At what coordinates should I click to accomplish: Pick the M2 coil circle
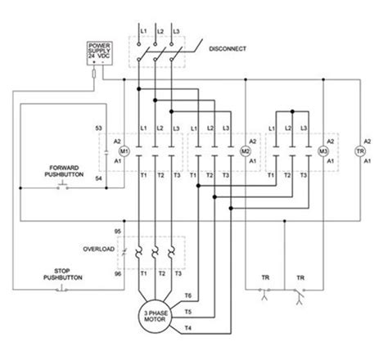point(243,152)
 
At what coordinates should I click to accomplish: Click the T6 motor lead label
point(187,295)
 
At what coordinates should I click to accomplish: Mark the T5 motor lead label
point(187,311)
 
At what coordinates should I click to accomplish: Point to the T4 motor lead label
point(187,328)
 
